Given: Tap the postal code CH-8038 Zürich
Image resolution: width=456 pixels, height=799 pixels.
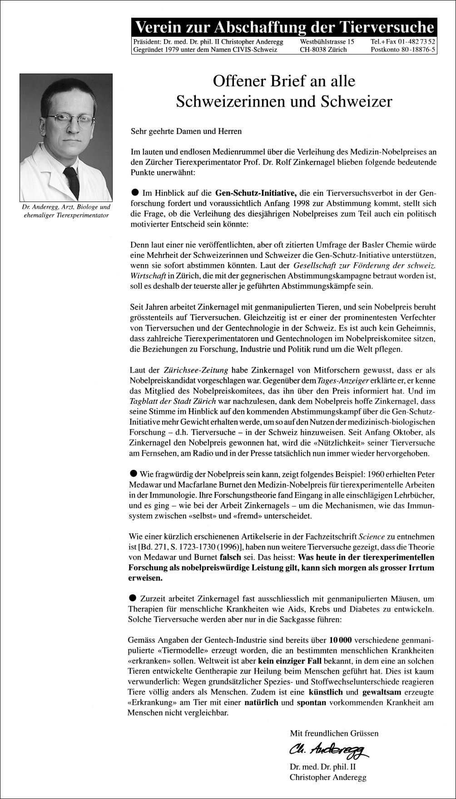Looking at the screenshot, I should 323,49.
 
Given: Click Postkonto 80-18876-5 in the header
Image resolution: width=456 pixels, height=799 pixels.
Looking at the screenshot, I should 403,49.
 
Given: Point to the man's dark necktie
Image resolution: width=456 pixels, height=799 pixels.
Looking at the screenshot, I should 72,182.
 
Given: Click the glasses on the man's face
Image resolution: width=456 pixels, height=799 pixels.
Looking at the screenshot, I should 70,119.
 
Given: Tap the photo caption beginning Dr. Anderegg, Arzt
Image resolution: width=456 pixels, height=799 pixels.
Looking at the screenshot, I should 66,211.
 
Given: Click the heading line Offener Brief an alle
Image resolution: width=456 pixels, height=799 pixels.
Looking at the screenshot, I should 284,81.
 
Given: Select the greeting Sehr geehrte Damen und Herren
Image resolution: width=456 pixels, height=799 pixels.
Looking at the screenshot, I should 186,131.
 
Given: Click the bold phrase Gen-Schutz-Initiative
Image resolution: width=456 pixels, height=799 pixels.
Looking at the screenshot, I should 256,192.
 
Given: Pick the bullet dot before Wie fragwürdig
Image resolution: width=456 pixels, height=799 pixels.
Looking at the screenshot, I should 134,474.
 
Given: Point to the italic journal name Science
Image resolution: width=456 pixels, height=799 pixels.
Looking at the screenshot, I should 372,537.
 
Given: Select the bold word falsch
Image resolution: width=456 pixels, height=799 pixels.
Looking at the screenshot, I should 230,557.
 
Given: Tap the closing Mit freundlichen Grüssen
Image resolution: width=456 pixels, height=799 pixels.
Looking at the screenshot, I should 334,733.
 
